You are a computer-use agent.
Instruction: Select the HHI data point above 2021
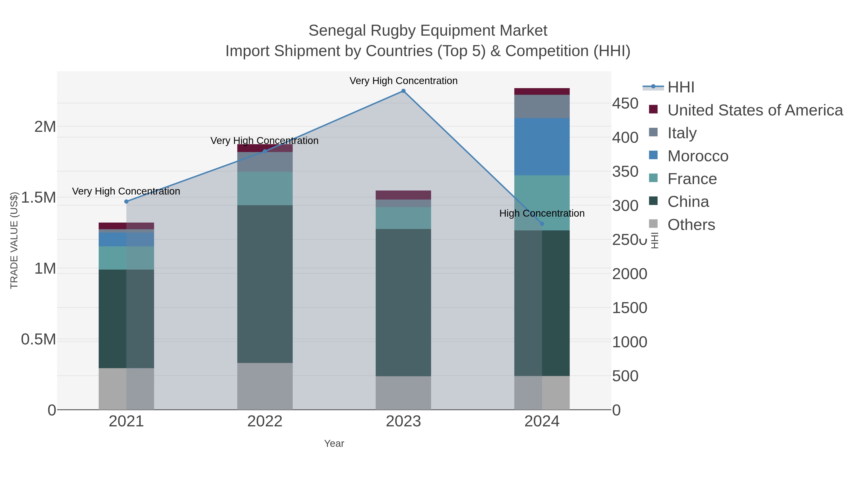coord(126,201)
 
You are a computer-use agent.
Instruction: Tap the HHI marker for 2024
coord(542,224)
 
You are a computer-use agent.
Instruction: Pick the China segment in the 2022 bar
coord(265,284)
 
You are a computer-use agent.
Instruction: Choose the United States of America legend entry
coord(755,110)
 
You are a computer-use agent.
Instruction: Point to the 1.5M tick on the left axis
coord(38,198)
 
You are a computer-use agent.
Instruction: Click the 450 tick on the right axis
coord(625,104)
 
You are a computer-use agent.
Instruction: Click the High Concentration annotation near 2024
coord(542,214)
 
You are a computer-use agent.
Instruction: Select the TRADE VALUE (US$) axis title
coord(14,240)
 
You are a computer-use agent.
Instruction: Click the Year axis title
coord(334,443)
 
